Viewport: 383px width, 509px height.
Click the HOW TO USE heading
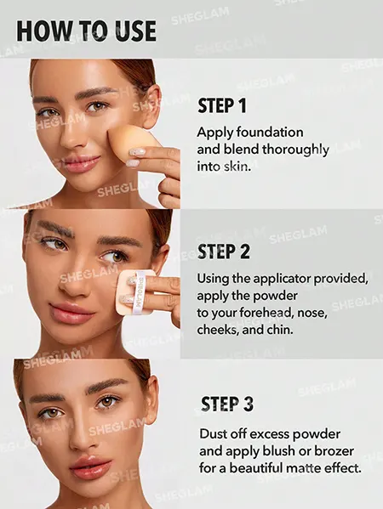pyautogui.click(x=86, y=31)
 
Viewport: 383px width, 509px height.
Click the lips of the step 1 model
pyautogui.click(x=82, y=162)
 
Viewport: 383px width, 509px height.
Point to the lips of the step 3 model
pyautogui.click(x=90, y=467)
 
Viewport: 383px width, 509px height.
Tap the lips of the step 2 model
pyautogui.click(x=71, y=313)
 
